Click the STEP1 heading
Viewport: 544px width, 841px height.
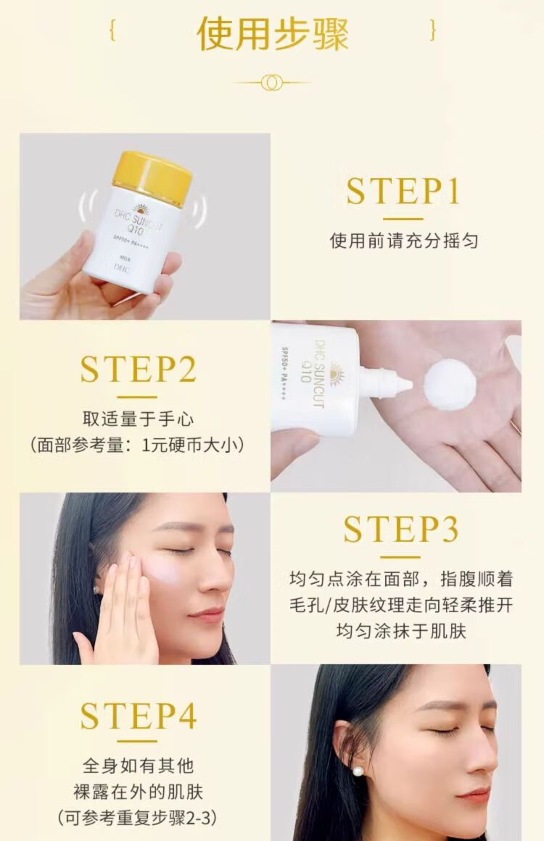click(x=403, y=191)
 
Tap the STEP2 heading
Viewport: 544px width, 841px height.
click(x=138, y=369)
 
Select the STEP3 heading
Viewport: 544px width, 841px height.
click(x=401, y=530)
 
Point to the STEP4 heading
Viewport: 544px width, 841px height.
click(x=138, y=715)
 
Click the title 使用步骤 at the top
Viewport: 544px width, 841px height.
click(x=273, y=34)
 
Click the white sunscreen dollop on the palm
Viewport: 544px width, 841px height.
click(x=450, y=385)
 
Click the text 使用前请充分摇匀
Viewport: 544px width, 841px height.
click(x=404, y=240)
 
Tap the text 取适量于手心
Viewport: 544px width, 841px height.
click(x=138, y=419)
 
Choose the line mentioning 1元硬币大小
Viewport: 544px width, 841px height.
click(x=138, y=445)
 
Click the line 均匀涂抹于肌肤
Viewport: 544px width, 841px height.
click(x=401, y=631)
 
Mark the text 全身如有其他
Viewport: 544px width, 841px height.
click(x=138, y=766)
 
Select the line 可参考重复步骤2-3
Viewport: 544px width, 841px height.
click(x=138, y=817)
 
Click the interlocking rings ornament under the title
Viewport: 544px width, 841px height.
click(x=272, y=83)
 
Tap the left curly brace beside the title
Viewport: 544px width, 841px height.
click(x=112, y=30)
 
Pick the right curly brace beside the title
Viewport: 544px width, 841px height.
click(x=432, y=30)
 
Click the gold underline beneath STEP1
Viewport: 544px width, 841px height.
click(x=403, y=219)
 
